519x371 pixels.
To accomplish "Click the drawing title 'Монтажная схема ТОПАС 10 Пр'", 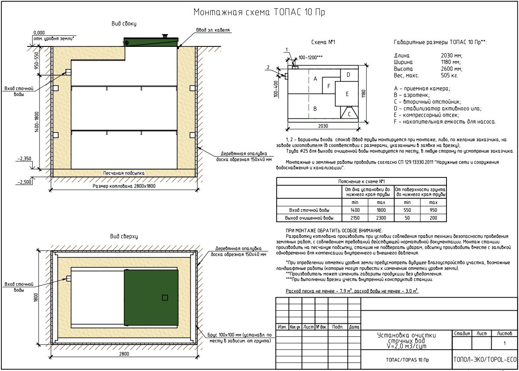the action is coord(259,12).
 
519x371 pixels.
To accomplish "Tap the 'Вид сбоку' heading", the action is coord(124,23).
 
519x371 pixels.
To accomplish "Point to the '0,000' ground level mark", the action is coord(39,33).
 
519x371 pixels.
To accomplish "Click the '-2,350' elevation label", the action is coord(24,159).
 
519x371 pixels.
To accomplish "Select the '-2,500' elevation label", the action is coord(25,182).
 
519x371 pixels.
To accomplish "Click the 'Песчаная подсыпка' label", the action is coord(124,173).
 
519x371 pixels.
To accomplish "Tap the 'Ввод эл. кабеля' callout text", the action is coord(213,30).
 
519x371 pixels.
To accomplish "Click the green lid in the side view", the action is coord(151,42).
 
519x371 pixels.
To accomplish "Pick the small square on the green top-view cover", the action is coord(165,298).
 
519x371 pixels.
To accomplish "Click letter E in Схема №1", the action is coord(347,94).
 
